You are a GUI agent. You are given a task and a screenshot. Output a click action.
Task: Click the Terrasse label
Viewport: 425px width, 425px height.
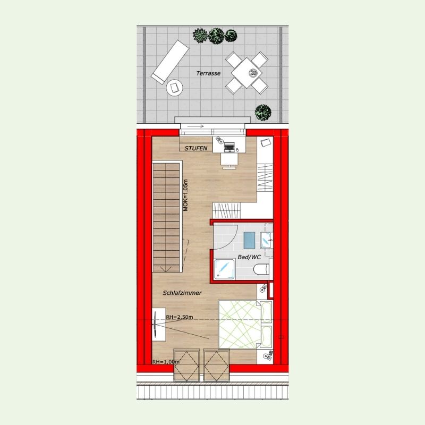(208, 73)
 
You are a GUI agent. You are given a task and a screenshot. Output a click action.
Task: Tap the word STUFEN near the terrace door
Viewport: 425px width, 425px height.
(195, 148)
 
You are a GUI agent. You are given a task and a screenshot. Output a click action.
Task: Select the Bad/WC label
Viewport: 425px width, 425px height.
(249, 257)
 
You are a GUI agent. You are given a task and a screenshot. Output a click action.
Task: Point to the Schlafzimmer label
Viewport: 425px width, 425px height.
(182, 293)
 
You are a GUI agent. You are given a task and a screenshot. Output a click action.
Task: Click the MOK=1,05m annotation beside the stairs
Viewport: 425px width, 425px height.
(185, 195)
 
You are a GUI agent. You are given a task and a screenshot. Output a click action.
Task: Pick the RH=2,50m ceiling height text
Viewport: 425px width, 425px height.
(180, 317)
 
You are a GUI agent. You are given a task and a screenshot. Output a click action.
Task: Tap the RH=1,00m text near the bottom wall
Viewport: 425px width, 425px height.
(166, 362)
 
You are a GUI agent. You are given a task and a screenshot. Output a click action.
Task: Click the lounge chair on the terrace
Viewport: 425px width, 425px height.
(170, 62)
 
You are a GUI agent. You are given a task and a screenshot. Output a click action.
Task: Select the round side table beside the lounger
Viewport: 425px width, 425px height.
(174, 88)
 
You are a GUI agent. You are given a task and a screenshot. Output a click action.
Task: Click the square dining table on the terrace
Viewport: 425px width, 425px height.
(246, 73)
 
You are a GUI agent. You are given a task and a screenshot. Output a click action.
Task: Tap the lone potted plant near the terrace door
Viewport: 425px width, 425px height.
(263, 113)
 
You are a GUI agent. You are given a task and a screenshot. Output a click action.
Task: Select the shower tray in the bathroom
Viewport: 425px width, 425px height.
(224, 269)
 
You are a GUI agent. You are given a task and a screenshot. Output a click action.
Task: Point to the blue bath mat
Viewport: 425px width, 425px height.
(249, 240)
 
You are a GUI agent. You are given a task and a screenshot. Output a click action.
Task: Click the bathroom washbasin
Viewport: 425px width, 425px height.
(266, 240)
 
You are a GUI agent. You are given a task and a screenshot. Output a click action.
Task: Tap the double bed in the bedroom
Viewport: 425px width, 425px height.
(245, 324)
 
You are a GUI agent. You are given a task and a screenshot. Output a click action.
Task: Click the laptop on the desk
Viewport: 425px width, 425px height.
(229, 147)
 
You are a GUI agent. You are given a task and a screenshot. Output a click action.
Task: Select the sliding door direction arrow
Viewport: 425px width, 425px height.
(195, 126)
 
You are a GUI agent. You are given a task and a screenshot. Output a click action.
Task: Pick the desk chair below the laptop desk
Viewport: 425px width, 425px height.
(229, 160)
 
